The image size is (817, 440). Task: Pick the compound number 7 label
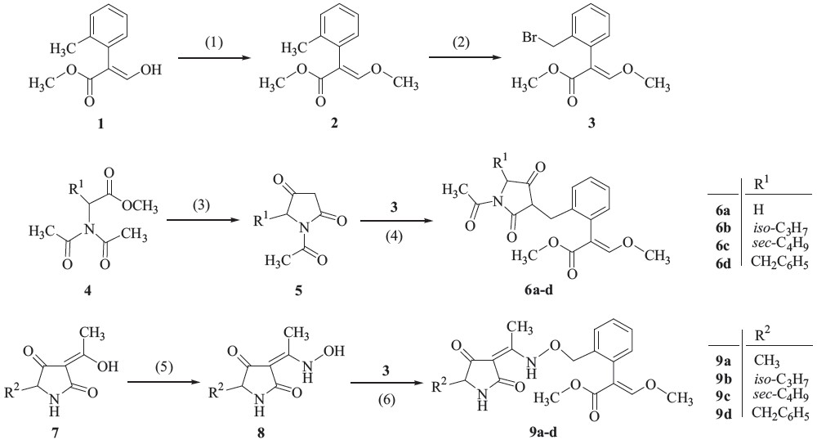[x=57, y=427]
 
